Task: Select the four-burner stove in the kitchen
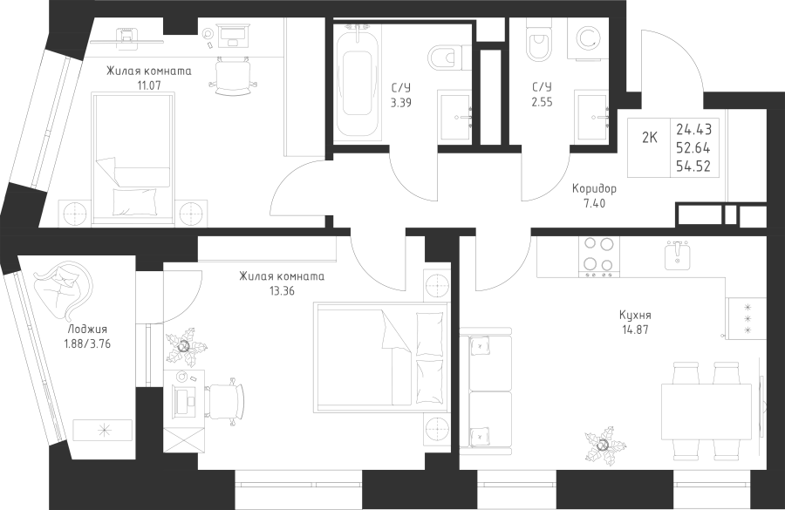598,257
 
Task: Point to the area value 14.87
635,330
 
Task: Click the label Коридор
594,189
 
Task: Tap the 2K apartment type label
649,138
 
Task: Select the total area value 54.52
693,167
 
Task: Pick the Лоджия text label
87,330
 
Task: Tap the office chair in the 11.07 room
233,75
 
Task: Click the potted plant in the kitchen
604,445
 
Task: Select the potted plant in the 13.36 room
186,346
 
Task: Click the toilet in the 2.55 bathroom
540,43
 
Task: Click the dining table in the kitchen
706,411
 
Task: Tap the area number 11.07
148,85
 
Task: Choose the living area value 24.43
694,129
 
